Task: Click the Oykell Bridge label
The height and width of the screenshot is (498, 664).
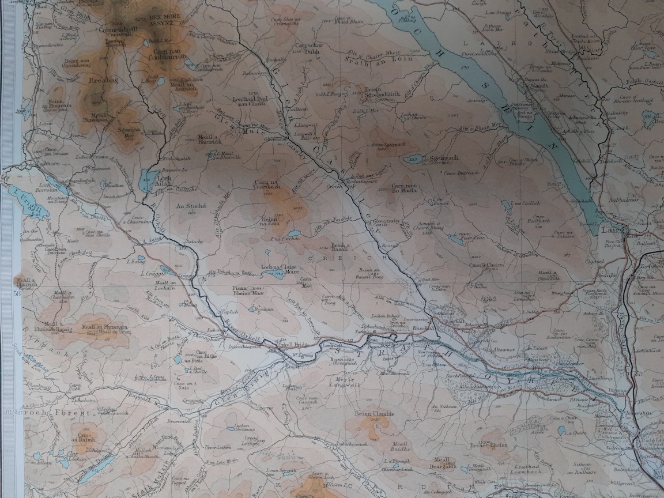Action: coord(299,344)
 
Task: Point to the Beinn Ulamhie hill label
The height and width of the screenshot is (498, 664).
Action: coord(374,414)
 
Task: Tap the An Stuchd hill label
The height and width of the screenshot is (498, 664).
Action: coord(187,206)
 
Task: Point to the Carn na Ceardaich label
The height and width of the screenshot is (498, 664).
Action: coord(267,186)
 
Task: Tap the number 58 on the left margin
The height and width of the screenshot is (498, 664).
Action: coord(17,293)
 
